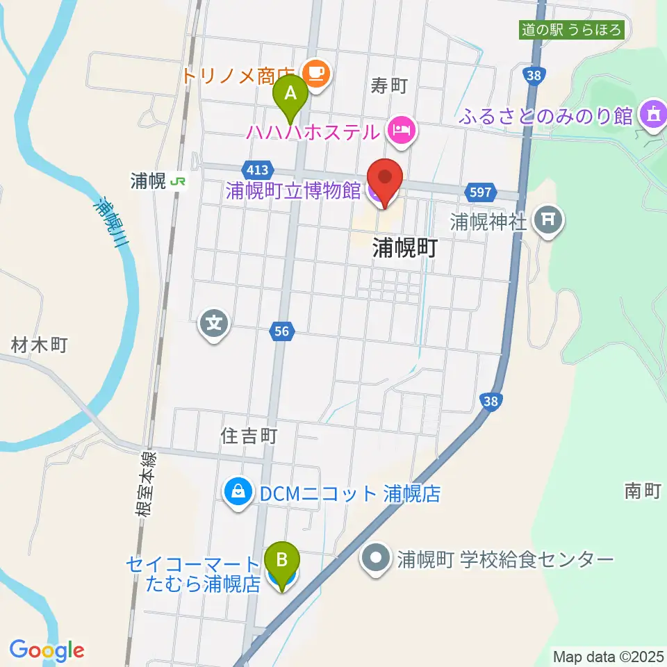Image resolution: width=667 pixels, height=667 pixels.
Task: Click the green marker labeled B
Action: (282, 559)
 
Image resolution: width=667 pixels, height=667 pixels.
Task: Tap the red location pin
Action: (384, 178)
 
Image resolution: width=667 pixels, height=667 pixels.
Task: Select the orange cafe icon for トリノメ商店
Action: (318, 72)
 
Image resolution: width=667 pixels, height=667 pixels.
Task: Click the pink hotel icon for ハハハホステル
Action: (402, 129)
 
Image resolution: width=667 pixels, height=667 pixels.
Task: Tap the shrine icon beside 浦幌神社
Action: (548, 222)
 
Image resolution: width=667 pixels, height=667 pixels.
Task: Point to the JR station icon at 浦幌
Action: (179, 182)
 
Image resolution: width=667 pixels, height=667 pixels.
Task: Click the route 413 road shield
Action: (261, 170)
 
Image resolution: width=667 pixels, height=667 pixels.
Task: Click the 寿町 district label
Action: (388, 86)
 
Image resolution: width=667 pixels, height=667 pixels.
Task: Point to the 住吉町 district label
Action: (249, 436)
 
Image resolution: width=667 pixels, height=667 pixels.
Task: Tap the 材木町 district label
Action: (39, 344)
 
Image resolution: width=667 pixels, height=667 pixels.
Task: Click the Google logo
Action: (47, 650)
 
